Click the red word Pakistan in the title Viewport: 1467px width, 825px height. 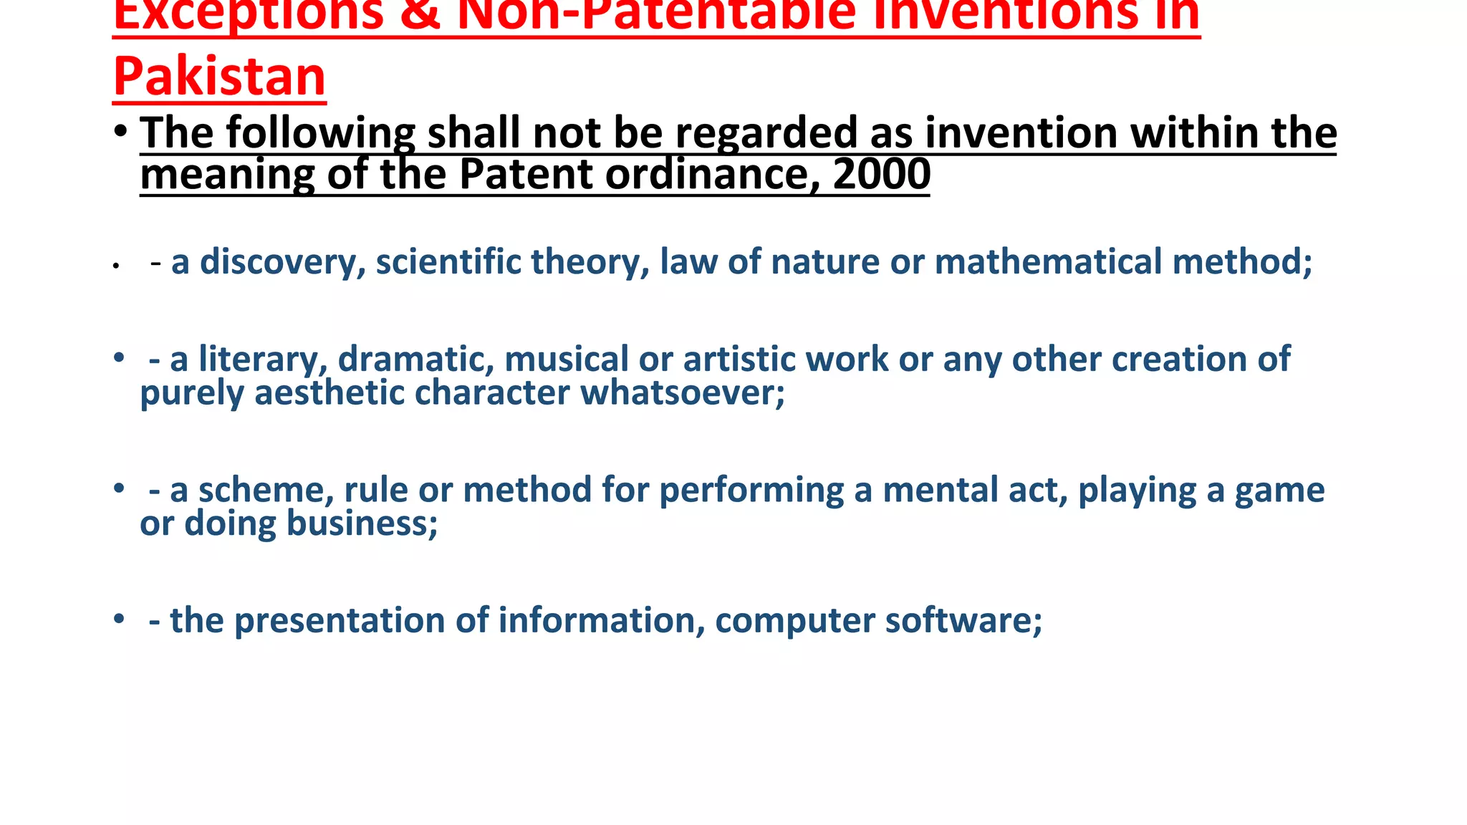219,76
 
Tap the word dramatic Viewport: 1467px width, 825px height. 415,359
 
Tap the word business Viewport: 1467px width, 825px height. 362,523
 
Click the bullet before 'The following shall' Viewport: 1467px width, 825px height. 120,132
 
